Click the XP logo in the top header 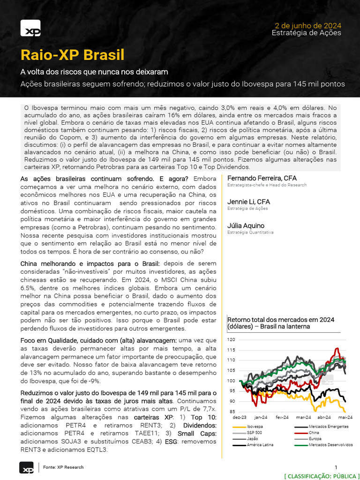point(30,29)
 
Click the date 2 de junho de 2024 point(307,25)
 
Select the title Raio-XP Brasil point(73,55)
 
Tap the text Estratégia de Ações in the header point(306,33)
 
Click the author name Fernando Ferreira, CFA point(262,178)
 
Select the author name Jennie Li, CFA point(248,202)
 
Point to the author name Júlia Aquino point(246,225)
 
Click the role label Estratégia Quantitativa point(250,232)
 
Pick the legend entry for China point(314,433)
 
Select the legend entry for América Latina point(260,444)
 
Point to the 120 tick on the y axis point(231,339)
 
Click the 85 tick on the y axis point(232,412)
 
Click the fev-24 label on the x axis point(282,417)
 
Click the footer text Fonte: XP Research point(63,467)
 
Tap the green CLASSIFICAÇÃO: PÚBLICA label point(322,476)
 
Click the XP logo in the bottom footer point(26,468)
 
